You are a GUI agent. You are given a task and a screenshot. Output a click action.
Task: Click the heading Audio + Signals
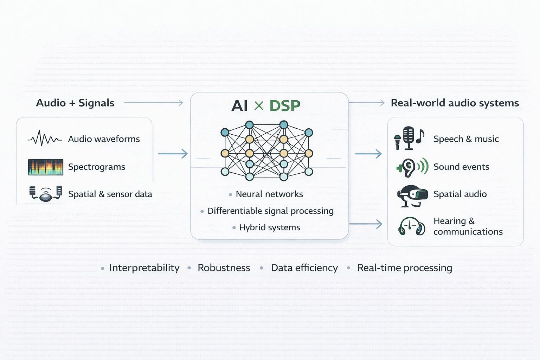point(75,103)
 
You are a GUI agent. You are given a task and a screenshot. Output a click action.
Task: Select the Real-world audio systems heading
point(455,103)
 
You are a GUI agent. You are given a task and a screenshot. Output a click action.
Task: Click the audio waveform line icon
point(45,139)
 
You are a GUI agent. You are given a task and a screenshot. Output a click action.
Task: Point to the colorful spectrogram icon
point(46,167)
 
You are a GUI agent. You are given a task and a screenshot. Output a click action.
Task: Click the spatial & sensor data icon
point(46,194)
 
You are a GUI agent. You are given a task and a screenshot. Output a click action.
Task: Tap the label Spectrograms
point(97,167)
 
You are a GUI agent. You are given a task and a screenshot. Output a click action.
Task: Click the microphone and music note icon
point(409,139)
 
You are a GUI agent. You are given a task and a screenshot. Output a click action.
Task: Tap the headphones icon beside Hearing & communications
point(411,226)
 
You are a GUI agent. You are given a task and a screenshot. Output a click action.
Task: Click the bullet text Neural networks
point(269,194)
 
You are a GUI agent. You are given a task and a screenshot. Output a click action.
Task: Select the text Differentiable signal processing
point(270,211)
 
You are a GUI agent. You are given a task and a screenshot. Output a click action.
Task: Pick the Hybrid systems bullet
point(270,227)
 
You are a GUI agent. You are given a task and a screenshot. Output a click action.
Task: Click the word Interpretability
point(144,268)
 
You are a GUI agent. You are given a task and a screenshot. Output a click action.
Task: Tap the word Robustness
point(224,268)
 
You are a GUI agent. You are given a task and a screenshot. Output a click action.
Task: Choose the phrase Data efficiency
point(304,268)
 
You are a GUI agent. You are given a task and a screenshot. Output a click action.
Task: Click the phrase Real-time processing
point(404,268)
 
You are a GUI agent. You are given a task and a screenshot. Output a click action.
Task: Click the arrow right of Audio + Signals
point(154,103)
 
